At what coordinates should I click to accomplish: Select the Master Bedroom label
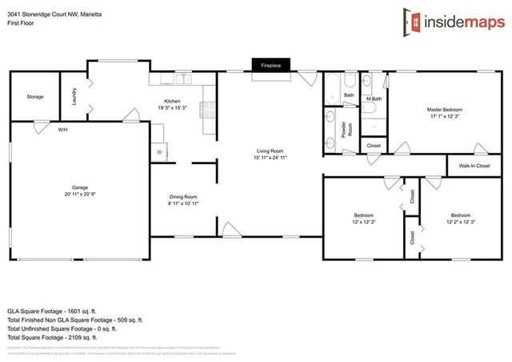(x=444, y=109)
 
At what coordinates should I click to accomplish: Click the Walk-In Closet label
(x=474, y=166)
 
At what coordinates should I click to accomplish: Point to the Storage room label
(x=35, y=96)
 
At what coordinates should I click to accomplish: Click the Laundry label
(x=74, y=97)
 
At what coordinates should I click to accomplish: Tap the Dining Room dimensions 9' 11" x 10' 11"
(x=183, y=204)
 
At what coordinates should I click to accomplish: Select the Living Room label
(x=270, y=151)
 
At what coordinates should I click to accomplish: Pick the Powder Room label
(x=349, y=130)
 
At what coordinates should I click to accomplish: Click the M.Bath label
(x=374, y=99)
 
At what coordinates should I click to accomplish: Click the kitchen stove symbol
(x=206, y=113)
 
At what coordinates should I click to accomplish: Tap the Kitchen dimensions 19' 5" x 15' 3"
(x=173, y=107)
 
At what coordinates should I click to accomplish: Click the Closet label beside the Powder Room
(x=374, y=145)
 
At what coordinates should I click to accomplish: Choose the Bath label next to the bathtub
(x=349, y=95)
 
